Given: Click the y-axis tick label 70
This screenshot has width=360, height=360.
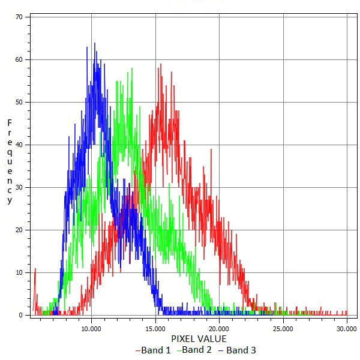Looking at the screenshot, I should point(19,17).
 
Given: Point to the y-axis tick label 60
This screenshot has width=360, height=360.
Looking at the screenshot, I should point(19,59).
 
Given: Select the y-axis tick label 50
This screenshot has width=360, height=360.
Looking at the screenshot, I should point(19,102).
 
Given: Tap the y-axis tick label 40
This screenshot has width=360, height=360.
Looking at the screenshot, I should point(19,145).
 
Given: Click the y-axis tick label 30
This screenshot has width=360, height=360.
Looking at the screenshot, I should point(19,187).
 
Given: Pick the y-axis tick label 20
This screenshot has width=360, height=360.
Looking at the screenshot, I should point(19,230).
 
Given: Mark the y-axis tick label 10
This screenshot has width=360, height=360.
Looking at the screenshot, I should point(19,272).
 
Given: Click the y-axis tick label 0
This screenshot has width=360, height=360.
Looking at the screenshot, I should point(20,315).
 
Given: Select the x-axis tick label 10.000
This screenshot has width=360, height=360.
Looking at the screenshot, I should point(91,328).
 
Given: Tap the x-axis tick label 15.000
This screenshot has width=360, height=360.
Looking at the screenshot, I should point(155,328).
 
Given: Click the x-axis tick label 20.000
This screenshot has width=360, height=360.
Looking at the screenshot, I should point(219,328).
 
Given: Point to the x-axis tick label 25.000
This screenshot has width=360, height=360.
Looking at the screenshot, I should point(283,328).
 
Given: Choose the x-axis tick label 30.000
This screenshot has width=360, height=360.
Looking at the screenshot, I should point(347,328).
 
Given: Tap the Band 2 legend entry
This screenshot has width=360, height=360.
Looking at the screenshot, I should point(194,350).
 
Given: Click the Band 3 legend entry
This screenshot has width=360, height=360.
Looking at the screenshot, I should point(237,350).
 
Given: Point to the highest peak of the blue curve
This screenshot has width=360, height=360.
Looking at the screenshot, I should point(94,43).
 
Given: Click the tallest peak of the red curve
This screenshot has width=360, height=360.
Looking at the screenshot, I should point(160,64).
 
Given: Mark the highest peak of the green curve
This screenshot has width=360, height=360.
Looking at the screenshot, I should point(131,70).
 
